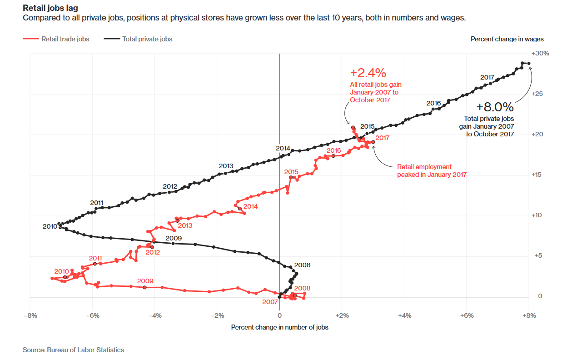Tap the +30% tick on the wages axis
[x=540, y=53]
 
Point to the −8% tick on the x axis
[x=30, y=315]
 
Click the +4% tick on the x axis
[x=404, y=315]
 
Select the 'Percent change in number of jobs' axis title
[x=279, y=327]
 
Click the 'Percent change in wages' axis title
[x=507, y=39]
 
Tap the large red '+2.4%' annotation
[x=368, y=73]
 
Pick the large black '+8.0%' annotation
[x=495, y=107]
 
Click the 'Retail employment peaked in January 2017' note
[x=432, y=171]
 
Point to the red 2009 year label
[x=145, y=281]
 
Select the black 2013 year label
[x=226, y=166]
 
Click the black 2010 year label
[x=50, y=226]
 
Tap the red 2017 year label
[x=383, y=137]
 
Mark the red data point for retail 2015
[x=291, y=177]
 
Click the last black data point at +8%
[x=529, y=64]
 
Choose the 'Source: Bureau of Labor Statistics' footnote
[x=73, y=350]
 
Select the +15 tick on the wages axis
[x=538, y=175]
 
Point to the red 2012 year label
[x=153, y=252]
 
